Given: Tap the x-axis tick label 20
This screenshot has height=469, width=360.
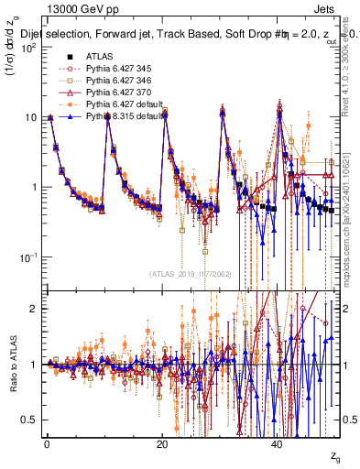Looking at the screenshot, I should pos(162,443).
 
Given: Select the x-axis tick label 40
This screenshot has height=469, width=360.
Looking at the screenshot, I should pos(278,443).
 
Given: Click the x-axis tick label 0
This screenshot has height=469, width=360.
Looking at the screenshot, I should pos(47,443).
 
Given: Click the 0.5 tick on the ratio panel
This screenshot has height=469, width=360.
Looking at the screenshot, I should pos(31,420).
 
